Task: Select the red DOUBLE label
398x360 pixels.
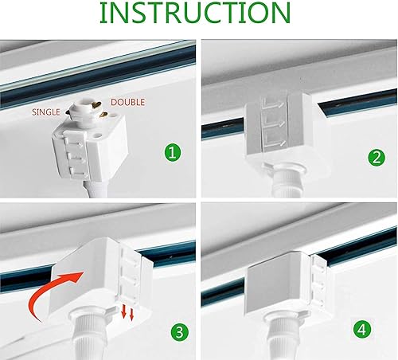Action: coord(128,103)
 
